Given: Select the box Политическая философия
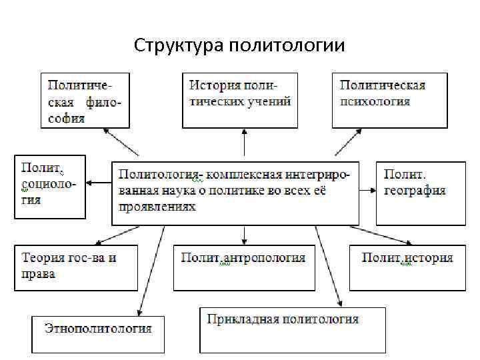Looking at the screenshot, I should click(85, 101).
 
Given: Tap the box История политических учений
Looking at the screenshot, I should click(240, 99).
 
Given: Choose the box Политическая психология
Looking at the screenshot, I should click(389, 99).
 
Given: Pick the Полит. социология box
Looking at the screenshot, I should click(50, 187).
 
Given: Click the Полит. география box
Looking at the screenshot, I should click(420, 192).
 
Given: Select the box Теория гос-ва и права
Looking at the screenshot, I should click(76, 267).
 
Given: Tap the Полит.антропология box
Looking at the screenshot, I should click(243, 267).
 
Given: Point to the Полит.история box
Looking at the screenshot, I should click(407, 267).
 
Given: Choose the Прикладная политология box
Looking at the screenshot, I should click(293, 329).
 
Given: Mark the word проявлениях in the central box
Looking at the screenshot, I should click(157, 207).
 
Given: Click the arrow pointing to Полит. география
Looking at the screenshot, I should click(367, 190).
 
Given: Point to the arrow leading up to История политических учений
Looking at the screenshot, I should click(244, 144).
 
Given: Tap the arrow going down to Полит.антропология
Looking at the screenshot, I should click(245, 235).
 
